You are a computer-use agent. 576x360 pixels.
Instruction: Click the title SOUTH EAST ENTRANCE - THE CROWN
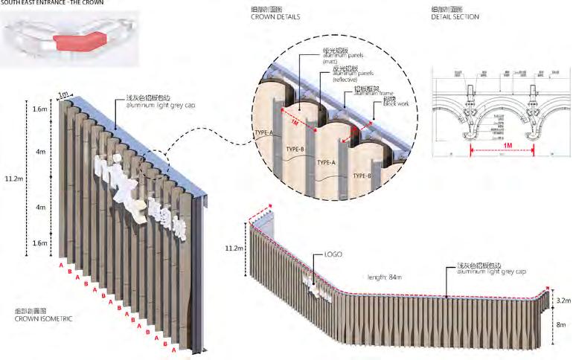(x=52, y=3)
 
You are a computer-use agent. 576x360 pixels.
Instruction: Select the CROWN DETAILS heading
(x=276, y=16)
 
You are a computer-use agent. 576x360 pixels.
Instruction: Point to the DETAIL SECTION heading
(x=455, y=16)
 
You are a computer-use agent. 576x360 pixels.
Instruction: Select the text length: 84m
(x=384, y=277)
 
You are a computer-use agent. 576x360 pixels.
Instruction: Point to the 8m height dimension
(x=562, y=325)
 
